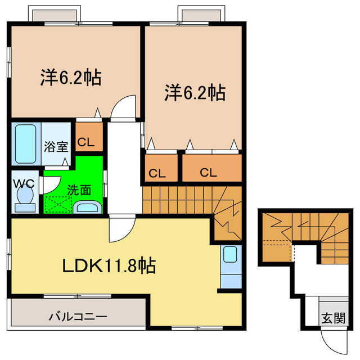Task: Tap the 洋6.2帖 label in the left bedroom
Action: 70,78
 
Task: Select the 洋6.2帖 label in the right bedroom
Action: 195,92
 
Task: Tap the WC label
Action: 24,183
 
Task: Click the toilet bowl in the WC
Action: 25,197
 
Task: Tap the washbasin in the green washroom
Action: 87,209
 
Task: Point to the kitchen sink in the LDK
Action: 230,256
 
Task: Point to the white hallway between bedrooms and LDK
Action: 123,169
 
